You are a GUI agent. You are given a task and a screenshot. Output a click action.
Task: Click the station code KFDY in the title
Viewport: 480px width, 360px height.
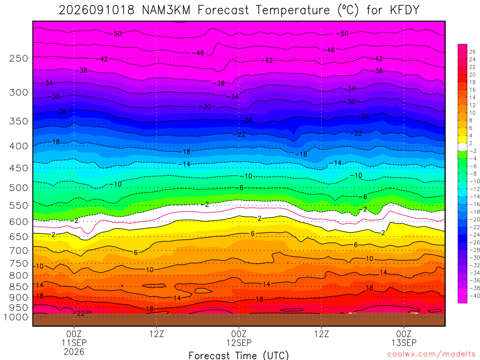[x=405, y=10]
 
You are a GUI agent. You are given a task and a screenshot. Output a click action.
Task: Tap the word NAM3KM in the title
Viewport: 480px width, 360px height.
[x=166, y=10]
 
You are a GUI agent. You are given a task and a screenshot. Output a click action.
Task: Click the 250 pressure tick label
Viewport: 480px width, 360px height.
[x=19, y=58]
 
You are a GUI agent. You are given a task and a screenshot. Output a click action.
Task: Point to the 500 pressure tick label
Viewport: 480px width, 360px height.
[x=19, y=187]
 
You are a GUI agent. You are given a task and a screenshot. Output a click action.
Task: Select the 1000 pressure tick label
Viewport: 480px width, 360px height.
[x=15, y=317]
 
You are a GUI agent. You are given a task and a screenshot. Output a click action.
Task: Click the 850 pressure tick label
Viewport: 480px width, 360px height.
[x=19, y=287]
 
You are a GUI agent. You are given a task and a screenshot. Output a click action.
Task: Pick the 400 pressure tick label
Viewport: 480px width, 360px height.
[x=19, y=146]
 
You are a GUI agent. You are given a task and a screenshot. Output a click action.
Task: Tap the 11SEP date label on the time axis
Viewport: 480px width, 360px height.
[x=74, y=343]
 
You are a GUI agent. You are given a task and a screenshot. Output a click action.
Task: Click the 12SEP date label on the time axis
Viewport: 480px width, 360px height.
[x=239, y=343]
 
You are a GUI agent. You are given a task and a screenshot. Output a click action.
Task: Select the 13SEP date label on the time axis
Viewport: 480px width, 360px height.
[x=404, y=343]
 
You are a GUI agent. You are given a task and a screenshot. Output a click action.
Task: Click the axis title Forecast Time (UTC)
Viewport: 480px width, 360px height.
[x=239, y=355]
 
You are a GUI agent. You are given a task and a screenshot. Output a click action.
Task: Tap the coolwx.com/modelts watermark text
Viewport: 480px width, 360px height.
[x=431, y=354]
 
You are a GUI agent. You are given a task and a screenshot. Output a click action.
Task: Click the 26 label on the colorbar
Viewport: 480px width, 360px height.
[x=472, y=52]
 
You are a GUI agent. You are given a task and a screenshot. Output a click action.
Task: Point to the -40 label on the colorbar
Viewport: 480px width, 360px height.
[x=474, y=296]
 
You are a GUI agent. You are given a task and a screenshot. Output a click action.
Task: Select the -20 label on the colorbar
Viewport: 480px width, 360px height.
[x=474, y=219]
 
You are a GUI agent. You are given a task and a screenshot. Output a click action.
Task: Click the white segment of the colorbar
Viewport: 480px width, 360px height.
[x=463, y=147]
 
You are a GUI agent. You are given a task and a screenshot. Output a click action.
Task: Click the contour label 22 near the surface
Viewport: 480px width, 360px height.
[x=81, y=313]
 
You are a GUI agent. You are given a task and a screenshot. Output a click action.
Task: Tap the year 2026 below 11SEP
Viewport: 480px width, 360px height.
[x=74, y=352]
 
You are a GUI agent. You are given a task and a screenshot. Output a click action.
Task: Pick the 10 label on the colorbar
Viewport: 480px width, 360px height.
[x=472, y=112]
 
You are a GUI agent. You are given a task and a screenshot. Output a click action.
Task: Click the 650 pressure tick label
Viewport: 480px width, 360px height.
[x=19, y=237]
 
